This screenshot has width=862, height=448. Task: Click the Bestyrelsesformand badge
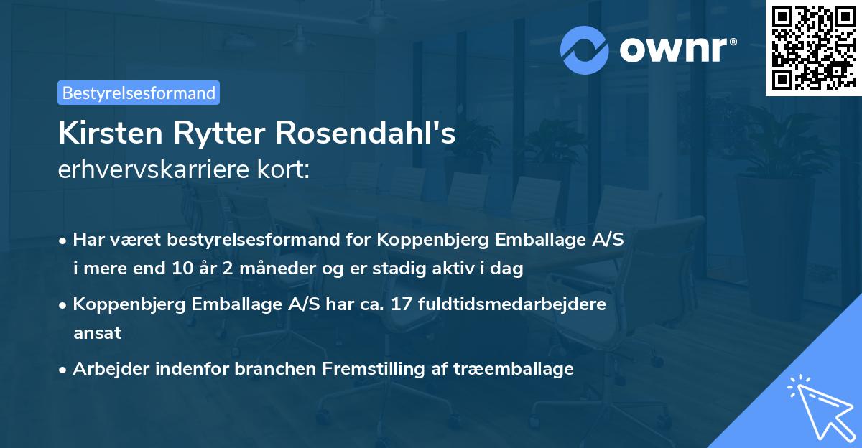[139, 93]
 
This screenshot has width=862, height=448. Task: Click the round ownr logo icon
[585, 50]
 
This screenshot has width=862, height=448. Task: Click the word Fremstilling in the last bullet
[367, 369]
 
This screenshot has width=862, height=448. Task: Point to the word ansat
[97, 332]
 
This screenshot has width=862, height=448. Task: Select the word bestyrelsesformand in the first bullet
[241, 240]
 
